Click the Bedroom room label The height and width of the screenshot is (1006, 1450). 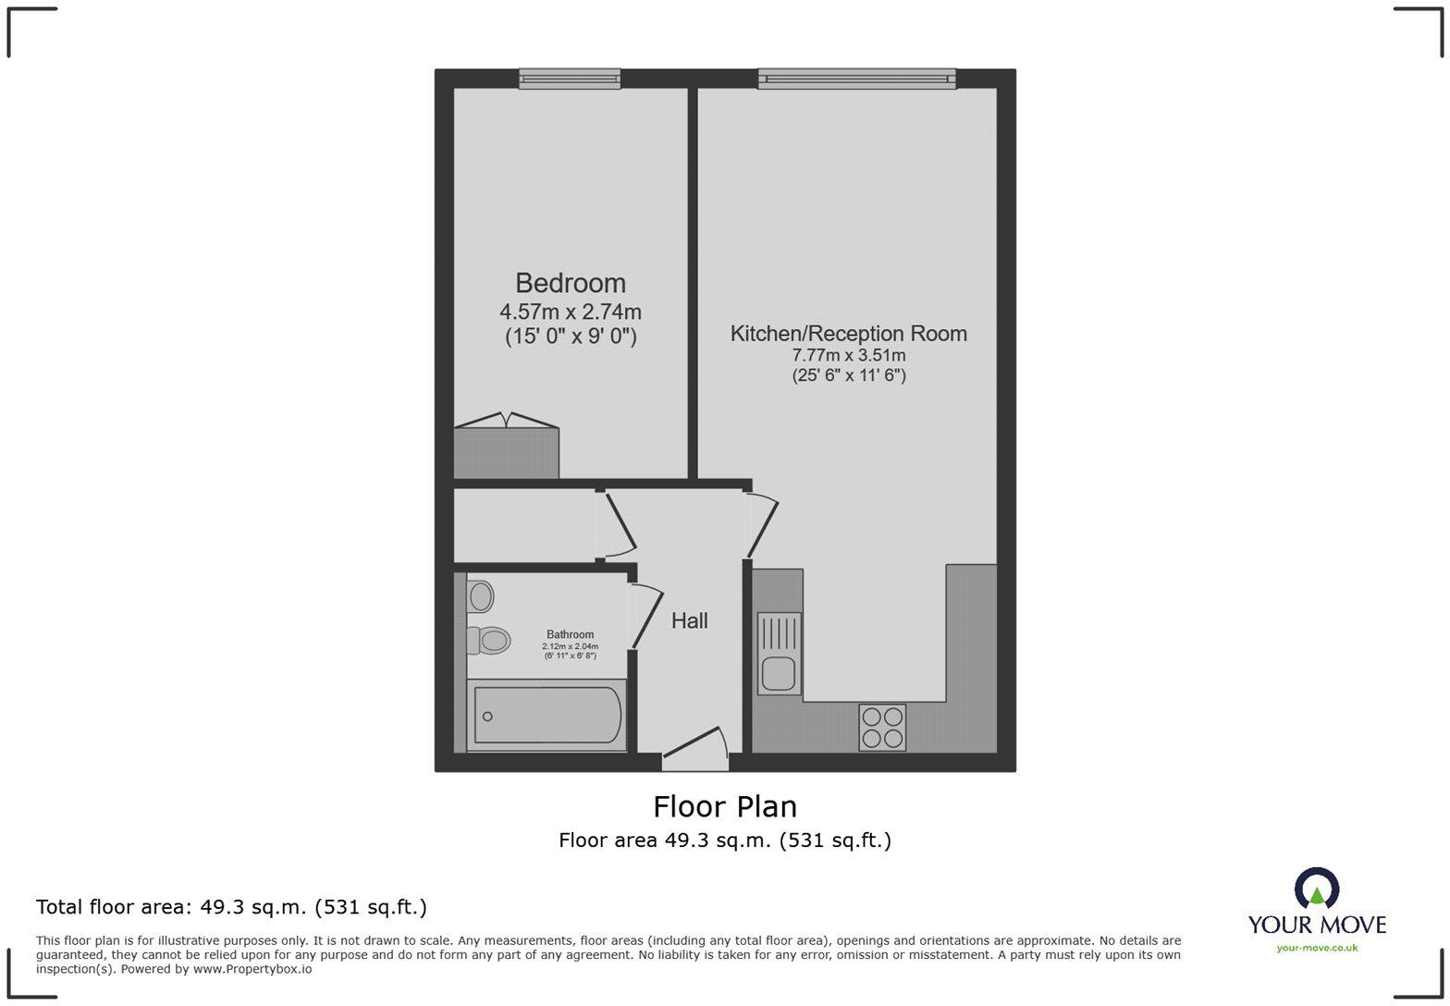coord(570,283)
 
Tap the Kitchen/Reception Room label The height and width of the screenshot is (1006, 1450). coord(848,334)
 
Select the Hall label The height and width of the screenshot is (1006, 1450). coord(689,621)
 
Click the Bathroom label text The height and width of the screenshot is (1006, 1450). coord(570,634)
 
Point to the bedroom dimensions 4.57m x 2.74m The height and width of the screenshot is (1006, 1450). coord(570,312)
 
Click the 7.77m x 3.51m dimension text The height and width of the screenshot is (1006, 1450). coord(848,355)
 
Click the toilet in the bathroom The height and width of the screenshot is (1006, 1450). coord(489,640)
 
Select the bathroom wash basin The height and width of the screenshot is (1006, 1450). coord(480,596)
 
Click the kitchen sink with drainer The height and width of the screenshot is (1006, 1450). coord(779,653)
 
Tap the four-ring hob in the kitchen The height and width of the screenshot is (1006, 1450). coord(882,727)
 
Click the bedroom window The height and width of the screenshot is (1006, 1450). coord(569,80)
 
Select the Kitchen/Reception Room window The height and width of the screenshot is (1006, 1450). coord(856,80)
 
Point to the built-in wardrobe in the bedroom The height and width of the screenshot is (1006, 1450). coord(506,452)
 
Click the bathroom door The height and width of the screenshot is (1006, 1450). coord(645,616)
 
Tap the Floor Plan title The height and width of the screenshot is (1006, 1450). coord(725,807)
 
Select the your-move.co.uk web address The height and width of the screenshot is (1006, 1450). coord(1317,948)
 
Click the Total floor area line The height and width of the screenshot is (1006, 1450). coord(231,907)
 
